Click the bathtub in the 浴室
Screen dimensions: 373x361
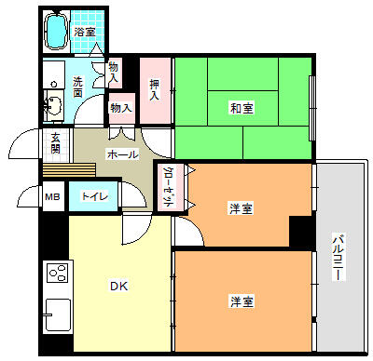tap(56, 31)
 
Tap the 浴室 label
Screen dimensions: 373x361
tap(85, 32)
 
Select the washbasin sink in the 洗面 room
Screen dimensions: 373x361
tap(54, 105)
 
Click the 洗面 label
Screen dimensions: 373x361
tap(78, 87)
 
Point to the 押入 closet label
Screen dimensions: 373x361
tap(154, 89)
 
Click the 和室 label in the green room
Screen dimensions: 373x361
tap(242, 108)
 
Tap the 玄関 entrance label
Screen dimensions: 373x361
tap(56, 143)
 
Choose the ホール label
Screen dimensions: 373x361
tap(122, 154)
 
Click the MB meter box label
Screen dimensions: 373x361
tap(52, 196)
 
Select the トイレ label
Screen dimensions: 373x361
tap(94, 196)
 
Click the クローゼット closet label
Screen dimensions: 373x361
tap(168, 187)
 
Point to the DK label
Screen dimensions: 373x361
tap(119, 286)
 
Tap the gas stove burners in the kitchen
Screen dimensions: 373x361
tap(58, 273)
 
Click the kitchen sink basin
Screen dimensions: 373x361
tap(58, 314)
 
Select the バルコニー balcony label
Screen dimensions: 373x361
tap(338, 258)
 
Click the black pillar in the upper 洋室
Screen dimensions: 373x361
tap(300, 231)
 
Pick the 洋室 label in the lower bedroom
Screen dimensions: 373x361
tap(242, 301)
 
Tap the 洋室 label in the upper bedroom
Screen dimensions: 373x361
tap(241, 208)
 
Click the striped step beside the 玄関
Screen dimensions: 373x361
tap(69, 170)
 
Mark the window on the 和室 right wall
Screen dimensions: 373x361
tap(312, 108)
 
